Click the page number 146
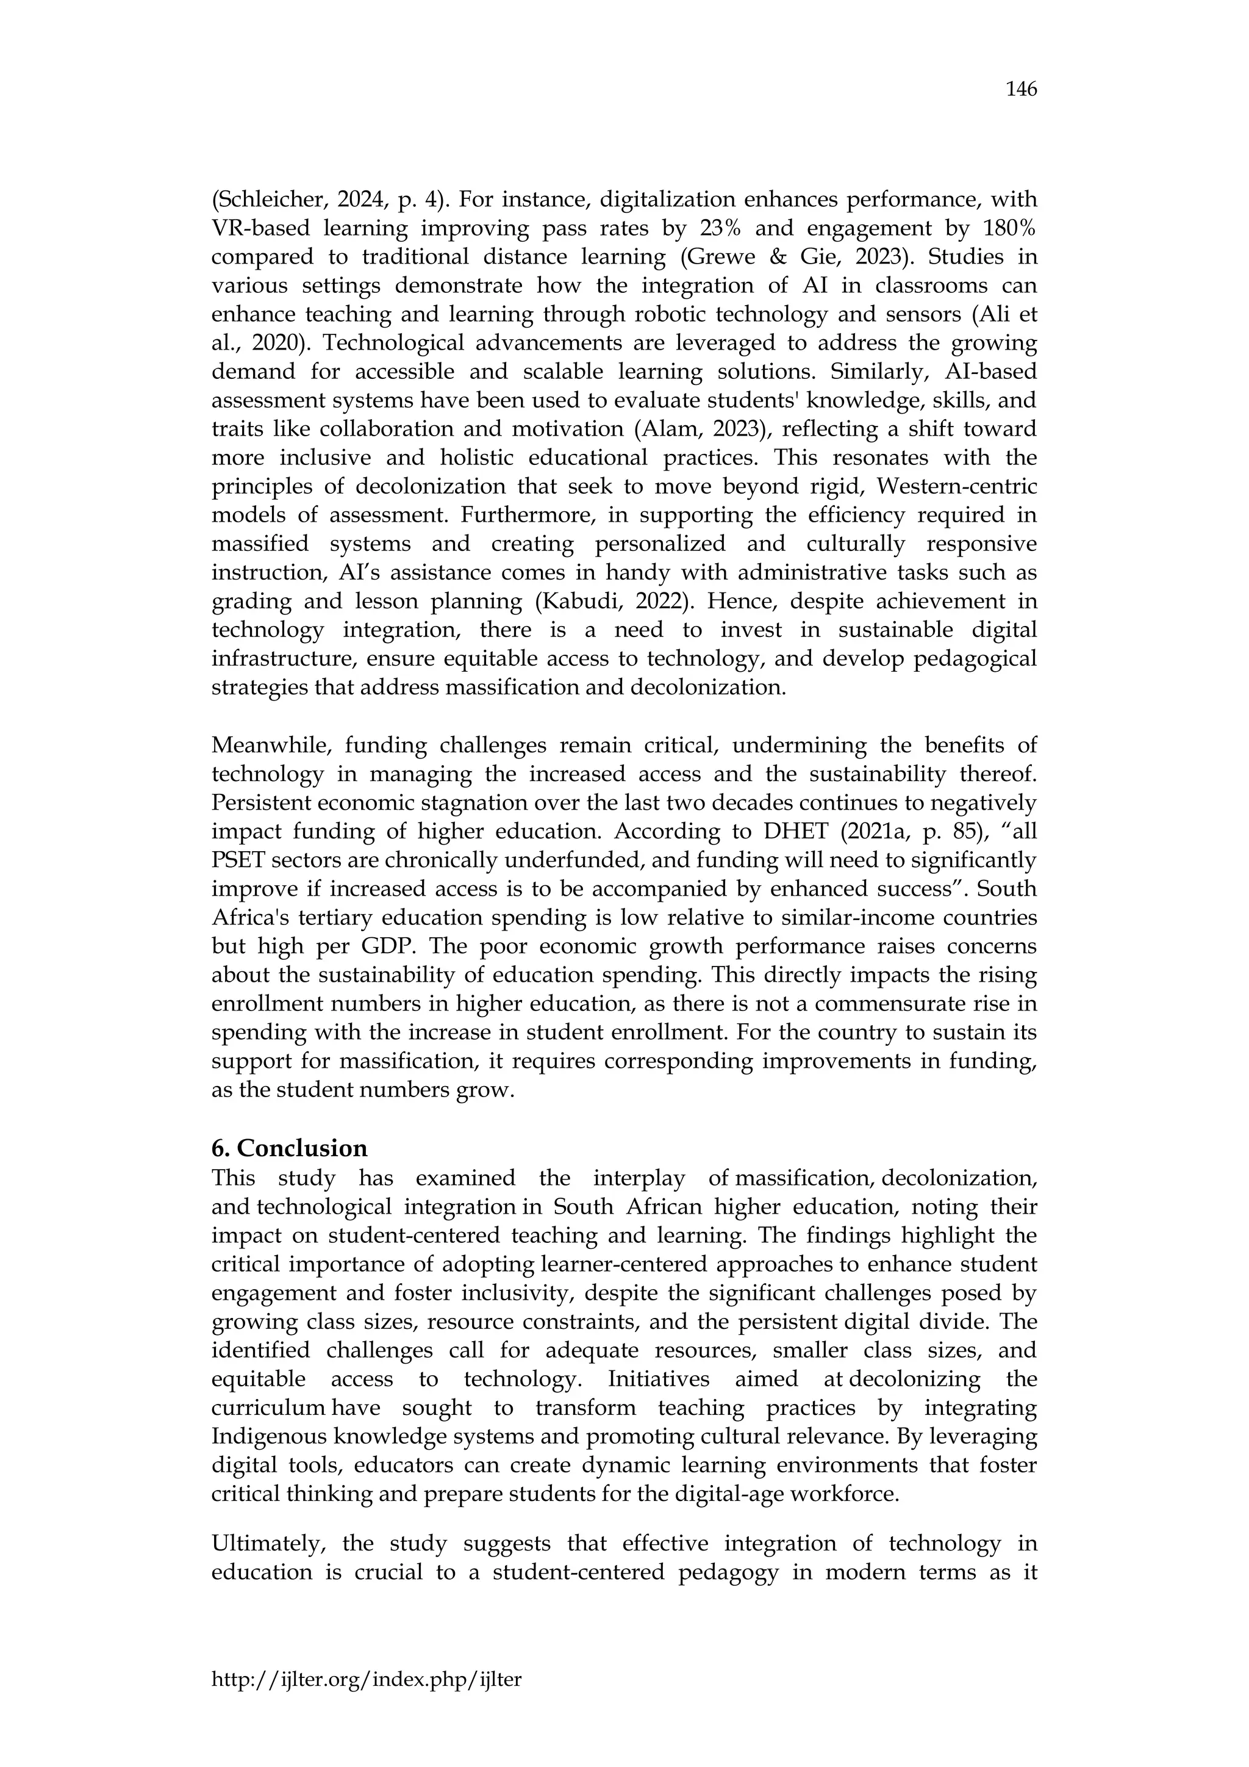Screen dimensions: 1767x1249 (x=1020, y=89)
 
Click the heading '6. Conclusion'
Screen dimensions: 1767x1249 (x=289, y=1148)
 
